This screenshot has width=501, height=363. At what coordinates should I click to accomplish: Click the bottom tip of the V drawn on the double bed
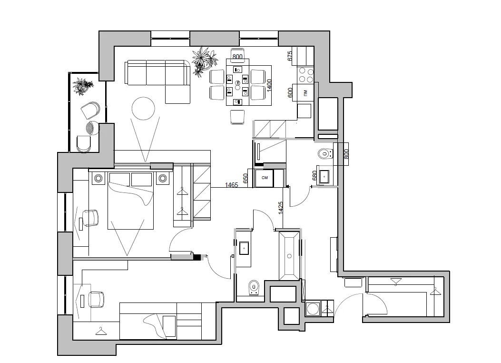tap(127, 255)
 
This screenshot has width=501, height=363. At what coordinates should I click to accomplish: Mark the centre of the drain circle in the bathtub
tap(289, 256)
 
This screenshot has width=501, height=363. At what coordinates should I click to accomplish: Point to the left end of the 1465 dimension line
tap(211, 188)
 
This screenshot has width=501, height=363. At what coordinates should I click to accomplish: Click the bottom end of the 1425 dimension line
tap(283, 229)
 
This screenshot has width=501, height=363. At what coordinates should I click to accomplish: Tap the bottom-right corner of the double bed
tap(153, 229)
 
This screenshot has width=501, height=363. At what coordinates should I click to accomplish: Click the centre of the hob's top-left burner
tap(302, 71)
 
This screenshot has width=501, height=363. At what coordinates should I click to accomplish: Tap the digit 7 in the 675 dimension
tap(290, 56)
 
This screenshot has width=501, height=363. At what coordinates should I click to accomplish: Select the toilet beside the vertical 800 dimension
tap(325, 154)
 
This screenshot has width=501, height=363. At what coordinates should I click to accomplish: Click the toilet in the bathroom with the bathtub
tap(254, 288)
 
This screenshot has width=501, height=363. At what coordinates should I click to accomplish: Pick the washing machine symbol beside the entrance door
tap(313, 309)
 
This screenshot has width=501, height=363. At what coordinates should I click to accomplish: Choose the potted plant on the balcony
tap(82, 86)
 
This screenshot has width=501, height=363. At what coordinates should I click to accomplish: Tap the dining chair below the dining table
tap(237, 117)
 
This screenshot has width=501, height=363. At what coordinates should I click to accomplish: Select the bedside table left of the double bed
tap(98, 178)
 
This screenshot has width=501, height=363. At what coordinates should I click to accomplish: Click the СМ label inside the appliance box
tap(265, 178)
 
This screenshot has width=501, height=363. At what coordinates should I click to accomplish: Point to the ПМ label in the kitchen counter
tap(305, 93)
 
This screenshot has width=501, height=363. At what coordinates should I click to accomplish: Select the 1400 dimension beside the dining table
tap(269, 85)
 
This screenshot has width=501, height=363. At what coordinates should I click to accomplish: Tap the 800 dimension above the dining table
tap(237, 57)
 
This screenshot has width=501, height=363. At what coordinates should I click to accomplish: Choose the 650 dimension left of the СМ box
tap(246, 179)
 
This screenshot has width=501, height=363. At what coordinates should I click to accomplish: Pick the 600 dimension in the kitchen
tap(290, 93)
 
